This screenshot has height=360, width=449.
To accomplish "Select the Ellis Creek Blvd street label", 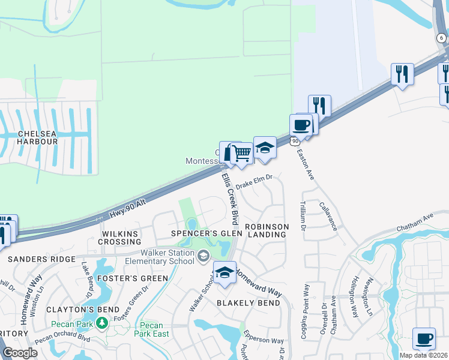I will click(228, 196).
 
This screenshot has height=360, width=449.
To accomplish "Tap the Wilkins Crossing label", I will click(121, 238).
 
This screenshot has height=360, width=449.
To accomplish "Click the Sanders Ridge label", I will click(41, 259).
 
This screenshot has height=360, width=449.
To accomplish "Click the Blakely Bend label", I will click(248, 303).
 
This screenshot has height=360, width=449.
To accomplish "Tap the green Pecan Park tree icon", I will click(102, 324).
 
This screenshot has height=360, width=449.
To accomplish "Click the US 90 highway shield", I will click(294, 141).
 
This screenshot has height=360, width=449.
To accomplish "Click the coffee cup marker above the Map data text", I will click(424, 338).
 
